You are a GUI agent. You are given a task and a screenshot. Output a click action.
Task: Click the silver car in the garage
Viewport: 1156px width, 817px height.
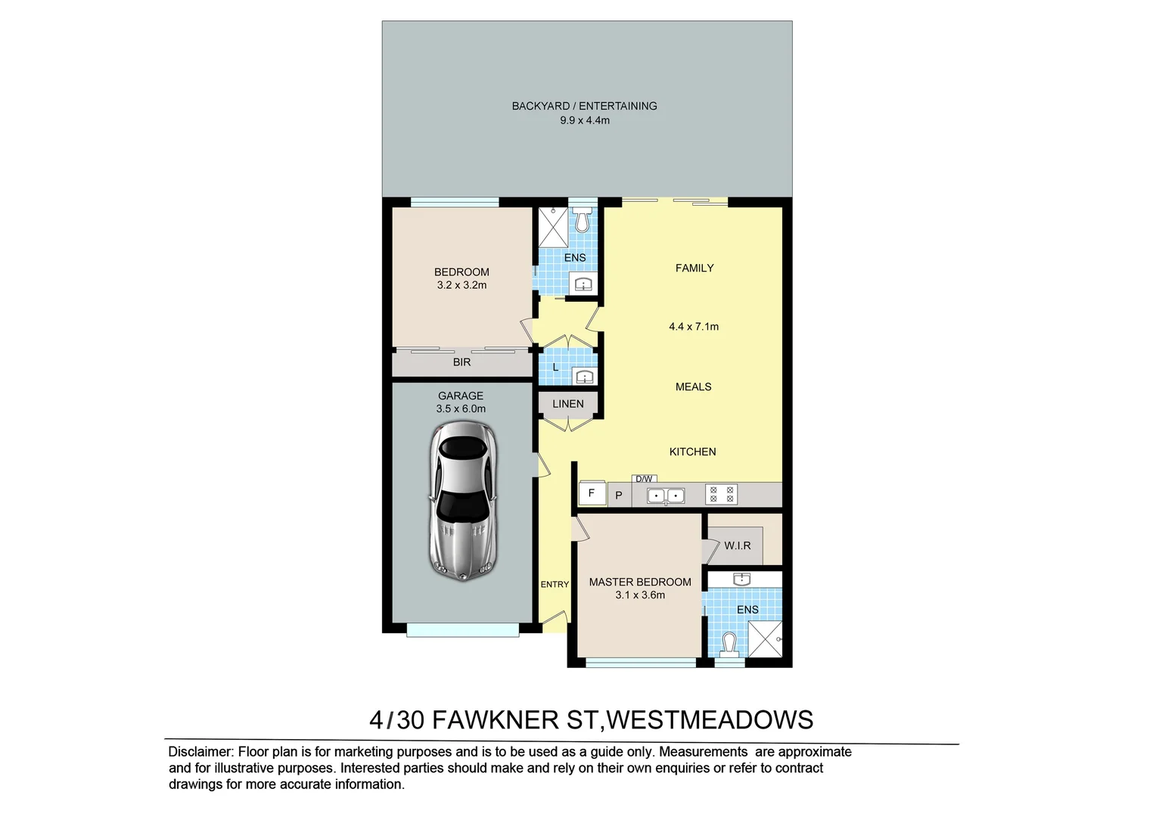pos(462,501)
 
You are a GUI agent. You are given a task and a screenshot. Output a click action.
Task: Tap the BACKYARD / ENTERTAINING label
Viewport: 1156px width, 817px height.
pos(584,106)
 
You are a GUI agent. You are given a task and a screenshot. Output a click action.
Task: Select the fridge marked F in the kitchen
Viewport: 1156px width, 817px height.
pos(592,493)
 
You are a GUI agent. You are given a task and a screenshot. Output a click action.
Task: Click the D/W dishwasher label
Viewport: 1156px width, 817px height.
pos(644,479)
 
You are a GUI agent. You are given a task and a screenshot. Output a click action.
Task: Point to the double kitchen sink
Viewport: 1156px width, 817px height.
pos(666,495)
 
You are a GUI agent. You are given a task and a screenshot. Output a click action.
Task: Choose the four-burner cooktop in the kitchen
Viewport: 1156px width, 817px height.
pos(721,495)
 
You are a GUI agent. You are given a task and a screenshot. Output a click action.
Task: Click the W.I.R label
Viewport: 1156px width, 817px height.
pos(737,545)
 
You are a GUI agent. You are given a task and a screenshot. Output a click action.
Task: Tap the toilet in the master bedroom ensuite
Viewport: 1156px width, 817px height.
pos(729,644)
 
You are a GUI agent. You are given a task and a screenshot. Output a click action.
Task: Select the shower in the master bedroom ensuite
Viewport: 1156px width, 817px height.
pos(764,639)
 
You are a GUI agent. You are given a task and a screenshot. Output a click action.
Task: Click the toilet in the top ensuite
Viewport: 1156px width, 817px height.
pos(582,220)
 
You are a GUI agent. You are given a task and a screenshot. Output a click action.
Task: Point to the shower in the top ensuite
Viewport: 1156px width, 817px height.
pos(553,227)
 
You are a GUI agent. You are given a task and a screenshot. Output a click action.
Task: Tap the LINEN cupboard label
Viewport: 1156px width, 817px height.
pos(567,404)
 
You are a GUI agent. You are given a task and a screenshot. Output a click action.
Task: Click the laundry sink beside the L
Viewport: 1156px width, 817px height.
pos(583,376)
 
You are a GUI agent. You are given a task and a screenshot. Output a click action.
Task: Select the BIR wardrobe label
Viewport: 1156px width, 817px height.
pos(461,362)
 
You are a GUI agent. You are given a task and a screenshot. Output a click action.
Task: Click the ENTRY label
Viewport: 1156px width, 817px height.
pos(555,584)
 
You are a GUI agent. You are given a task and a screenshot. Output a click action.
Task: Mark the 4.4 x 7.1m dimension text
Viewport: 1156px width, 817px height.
pos(694,327)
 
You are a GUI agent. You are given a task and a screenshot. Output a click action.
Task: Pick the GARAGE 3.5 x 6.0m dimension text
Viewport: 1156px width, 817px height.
pos(461,408)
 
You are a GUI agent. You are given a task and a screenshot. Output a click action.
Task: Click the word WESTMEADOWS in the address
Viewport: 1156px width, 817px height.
pos(710,719)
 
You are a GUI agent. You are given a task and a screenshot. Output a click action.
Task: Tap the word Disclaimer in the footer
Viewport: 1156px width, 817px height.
pos(200,752)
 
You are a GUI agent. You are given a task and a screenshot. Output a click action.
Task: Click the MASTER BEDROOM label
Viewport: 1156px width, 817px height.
pos(640,582)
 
